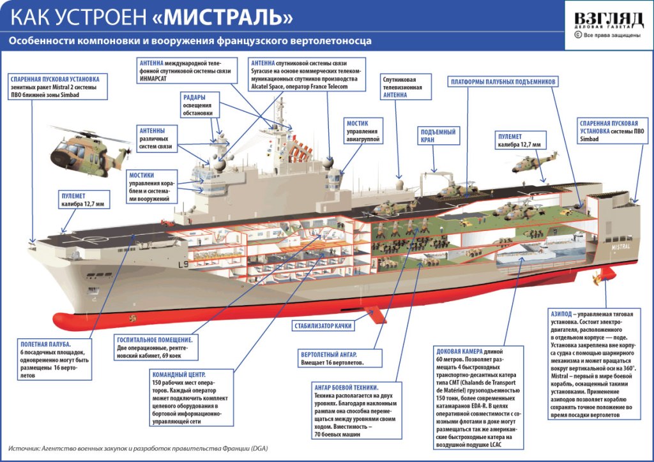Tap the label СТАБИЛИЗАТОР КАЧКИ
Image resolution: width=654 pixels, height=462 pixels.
tap(323, 325)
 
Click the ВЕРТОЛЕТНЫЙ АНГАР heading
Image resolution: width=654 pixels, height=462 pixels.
tap(328, 354)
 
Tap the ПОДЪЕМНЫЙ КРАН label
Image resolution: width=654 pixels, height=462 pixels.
tap(437, 135)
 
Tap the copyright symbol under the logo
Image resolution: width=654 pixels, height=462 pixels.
tap(577, 35)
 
